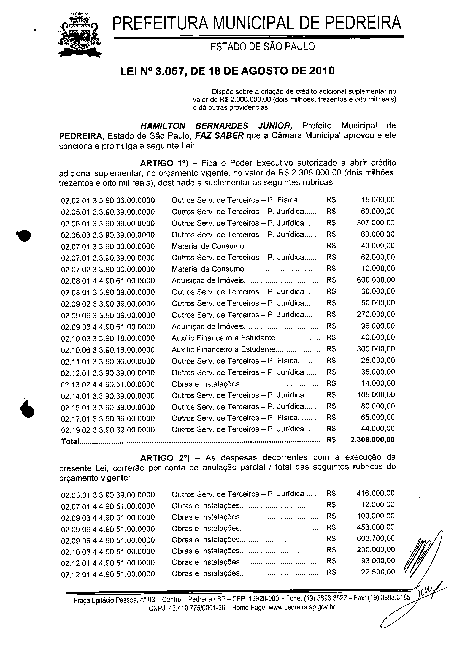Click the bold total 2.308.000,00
coord(372,440)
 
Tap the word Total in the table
coord(70,441)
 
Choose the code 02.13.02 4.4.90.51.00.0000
coord(108,384)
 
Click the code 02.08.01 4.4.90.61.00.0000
coord(108,281)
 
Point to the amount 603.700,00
coord(375,538)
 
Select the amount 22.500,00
coord(378,572)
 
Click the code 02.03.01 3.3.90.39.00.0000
coord(108,495)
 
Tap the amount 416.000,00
coord(375,493)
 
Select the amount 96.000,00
coord(378,326)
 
